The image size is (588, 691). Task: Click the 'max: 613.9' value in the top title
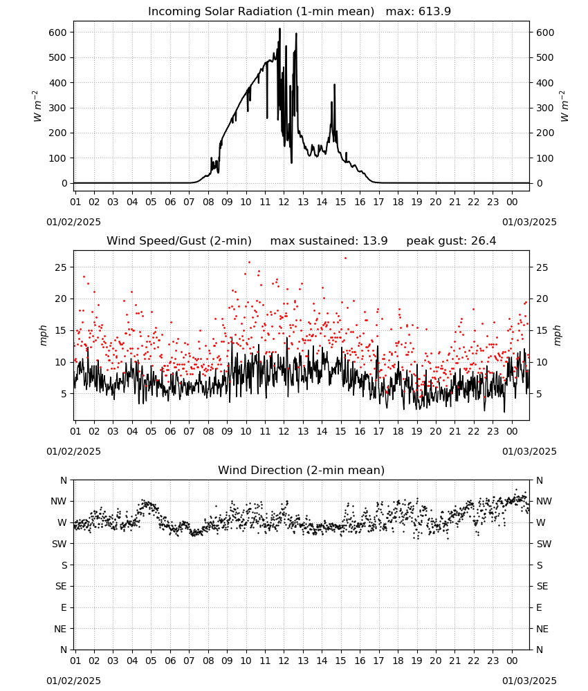click(419, 11)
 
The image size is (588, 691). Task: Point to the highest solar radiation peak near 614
click(279, 29)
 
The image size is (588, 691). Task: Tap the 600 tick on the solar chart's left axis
click(58, 32)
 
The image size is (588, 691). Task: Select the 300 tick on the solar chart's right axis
click(545, 108)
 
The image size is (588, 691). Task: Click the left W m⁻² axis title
click(37, 106)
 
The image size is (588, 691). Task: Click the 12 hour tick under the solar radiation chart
click(284, 202)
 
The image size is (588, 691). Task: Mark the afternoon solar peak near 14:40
click(334, 85)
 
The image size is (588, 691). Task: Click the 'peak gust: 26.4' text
click(451, 240)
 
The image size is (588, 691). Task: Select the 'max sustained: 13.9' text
click(329, 240)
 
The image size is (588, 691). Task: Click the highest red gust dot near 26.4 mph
click(345, 258)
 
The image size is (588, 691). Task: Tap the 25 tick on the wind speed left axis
click(62, 267)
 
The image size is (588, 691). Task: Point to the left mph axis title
click(43, 335)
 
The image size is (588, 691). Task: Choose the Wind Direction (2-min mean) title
click(302, 470)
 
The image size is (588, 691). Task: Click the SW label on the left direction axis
click(59, 544)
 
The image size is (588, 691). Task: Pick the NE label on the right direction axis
click(542, 629)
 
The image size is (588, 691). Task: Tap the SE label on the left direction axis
click(61, 586)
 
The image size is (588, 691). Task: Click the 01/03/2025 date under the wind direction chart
click(529, 681)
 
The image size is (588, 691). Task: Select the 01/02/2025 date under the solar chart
click(73, 222)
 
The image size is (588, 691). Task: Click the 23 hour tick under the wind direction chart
click(493, 661)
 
